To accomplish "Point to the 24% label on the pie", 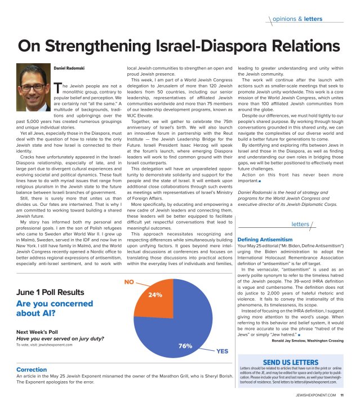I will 155,295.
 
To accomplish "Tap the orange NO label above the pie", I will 129,280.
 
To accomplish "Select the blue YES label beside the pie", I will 222,351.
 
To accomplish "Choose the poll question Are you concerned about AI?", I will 53,311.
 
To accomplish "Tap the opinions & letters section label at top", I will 297,19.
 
